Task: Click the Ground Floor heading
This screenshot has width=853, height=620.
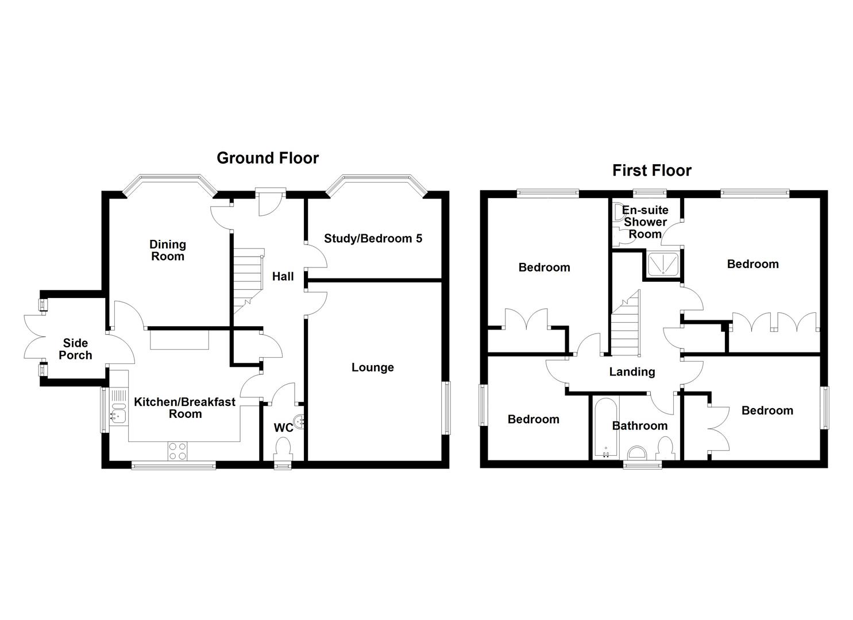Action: pyautogui.click(x=267, y=158)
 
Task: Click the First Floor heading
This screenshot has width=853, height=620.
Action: pyautogui.click(x=651, y=170)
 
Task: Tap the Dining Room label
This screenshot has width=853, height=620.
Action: pyautogui.click(x=168, y=250)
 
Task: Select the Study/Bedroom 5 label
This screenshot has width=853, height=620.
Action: pyautogui.click(x=373, y=238)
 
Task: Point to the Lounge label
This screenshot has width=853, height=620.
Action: pyautogui.click(x=373, y=367)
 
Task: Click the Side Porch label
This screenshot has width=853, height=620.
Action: pyautogui.click(x=75, y=349)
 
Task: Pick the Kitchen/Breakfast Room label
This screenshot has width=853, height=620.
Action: pyautogui.click(x=184, y=408)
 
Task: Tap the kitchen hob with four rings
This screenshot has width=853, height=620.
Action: pyautogui.click(x=177, y=451)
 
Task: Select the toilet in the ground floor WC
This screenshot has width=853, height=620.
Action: pyautogui.click(x=283, y=447)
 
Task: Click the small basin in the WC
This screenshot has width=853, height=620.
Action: pyautogui.click(x=300, y=423)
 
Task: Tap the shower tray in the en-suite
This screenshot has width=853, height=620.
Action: pyautogui.click(x=662, y=264)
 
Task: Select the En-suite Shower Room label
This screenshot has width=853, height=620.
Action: pyautogui.click(x=645, y=222)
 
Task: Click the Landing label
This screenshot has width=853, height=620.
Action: pyautogui.click(x=632, y=372)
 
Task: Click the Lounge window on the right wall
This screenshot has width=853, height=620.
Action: pyautogui.click(x=445, y=407)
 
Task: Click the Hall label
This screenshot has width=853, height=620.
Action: pyautogui.click(x=283, y=277)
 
